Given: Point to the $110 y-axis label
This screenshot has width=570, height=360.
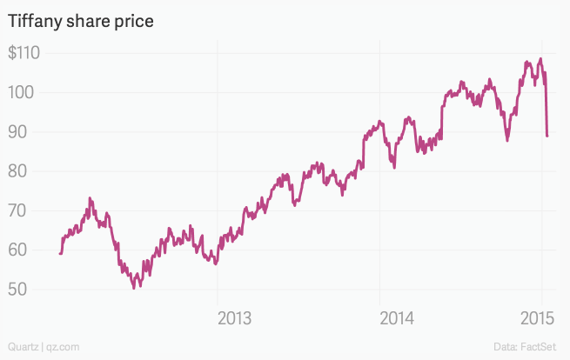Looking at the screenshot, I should pyautogui.click(x=27, y=53).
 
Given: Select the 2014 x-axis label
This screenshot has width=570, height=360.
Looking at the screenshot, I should pyautogui.click(x=396, y=317).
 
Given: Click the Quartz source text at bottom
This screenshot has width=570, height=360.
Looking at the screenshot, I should pyautogui.click(x=22, y=347).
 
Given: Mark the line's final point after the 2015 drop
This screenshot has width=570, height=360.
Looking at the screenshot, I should pyautogui.click(x=547, y=136).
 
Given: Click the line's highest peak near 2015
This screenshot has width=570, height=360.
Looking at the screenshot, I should pyautogui.click(x=540, y=59).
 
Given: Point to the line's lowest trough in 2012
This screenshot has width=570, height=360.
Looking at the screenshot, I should pyautogui.click(x=134, y=287).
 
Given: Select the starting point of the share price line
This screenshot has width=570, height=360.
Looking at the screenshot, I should pyautogui.click(x=59, y=253).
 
